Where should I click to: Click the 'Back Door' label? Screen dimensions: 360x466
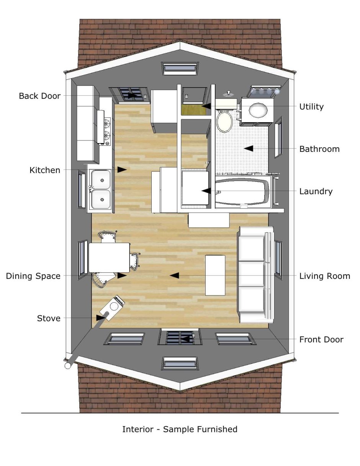coord(40,96)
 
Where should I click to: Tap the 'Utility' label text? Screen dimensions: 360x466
coord(311,107)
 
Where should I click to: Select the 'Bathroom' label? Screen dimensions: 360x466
coord(319,149)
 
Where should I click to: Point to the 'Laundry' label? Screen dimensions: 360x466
coord(316,191)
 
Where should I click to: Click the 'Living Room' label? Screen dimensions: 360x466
coord(325,276)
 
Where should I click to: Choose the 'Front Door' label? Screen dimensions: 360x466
coord(321,339)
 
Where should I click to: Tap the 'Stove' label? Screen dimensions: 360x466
coord(49,318)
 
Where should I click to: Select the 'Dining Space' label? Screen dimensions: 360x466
coord(33,276)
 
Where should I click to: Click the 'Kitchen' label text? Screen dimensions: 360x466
coord(45,170)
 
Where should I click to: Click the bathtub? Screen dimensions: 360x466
coord(242,192)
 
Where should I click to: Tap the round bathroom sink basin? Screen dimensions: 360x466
coord(258,110)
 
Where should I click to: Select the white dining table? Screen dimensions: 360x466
coord(109,257)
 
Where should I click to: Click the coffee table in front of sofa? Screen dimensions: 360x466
coord(215,275)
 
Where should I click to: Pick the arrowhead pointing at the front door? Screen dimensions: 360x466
coord(186,339)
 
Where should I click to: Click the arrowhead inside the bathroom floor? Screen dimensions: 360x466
coord(249,148)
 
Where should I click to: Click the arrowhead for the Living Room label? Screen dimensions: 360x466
coord(174,275)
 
